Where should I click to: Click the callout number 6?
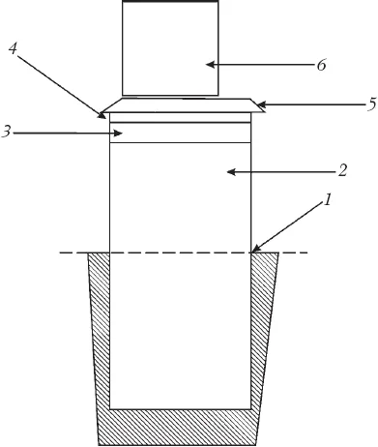321,65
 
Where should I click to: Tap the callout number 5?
372,104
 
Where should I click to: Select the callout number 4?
13,48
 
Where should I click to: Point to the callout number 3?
6,132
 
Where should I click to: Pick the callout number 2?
342,170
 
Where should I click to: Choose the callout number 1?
327,200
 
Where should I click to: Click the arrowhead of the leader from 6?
210,65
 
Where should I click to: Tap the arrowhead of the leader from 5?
261,104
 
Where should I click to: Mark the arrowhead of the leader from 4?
102,115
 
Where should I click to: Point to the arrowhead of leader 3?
119,133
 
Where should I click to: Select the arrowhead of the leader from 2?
231,172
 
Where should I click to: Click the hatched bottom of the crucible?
177,428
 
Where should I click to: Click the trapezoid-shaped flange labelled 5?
183,105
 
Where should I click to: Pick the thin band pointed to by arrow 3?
180,133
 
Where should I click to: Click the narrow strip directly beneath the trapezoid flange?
180,117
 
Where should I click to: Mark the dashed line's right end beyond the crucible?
307,253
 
